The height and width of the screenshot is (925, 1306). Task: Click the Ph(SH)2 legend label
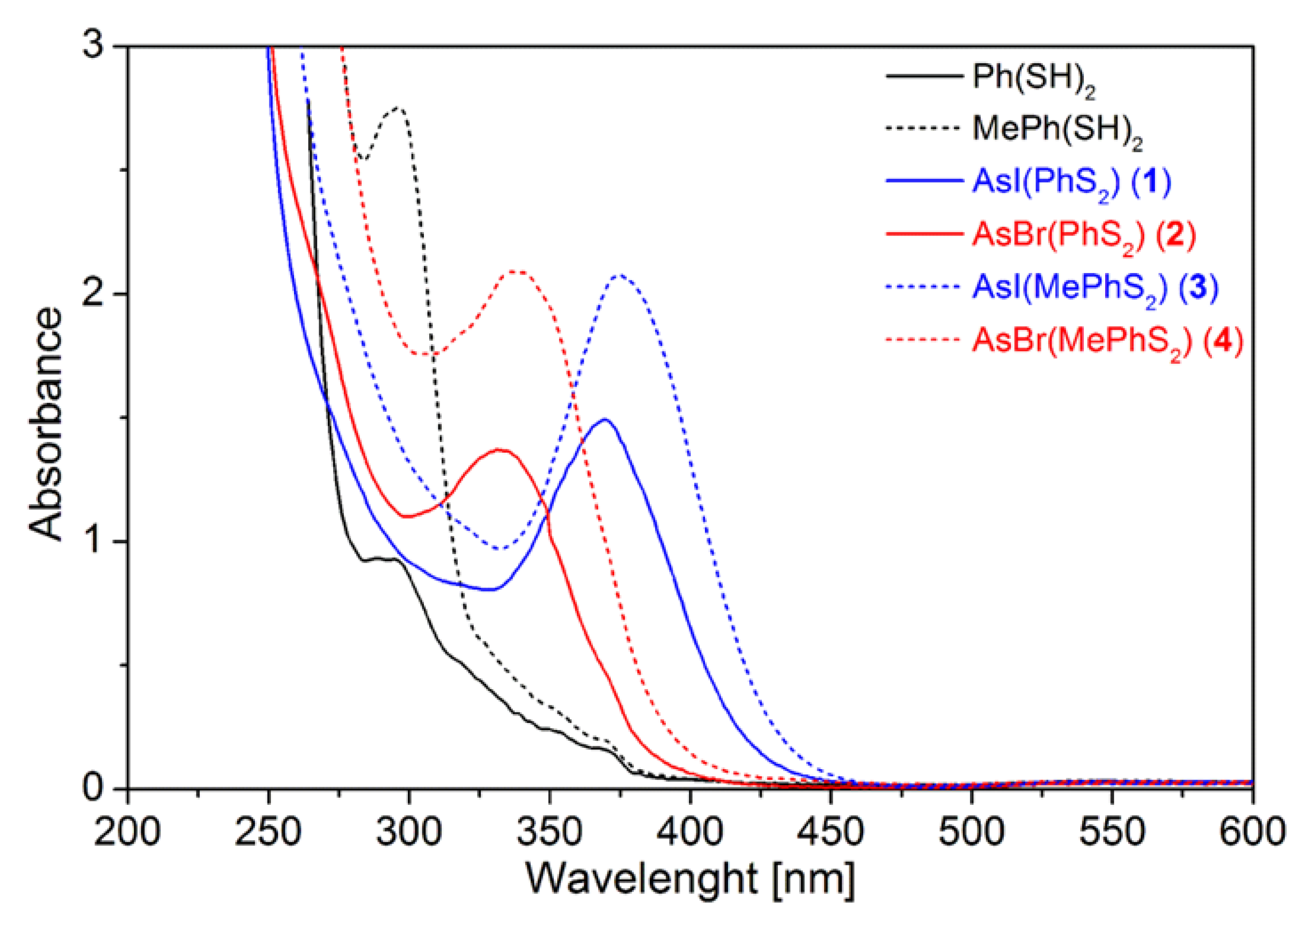[1033, 79]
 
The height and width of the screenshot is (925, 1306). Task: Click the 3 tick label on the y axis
[94, 45]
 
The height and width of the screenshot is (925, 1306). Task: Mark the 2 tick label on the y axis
[94, 294]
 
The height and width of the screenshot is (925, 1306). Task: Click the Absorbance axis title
[45, 424]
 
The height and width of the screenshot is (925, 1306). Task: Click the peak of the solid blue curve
[604, 420]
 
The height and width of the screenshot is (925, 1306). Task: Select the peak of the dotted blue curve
[619, 276]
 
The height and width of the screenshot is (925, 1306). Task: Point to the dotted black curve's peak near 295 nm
[398, 108]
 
